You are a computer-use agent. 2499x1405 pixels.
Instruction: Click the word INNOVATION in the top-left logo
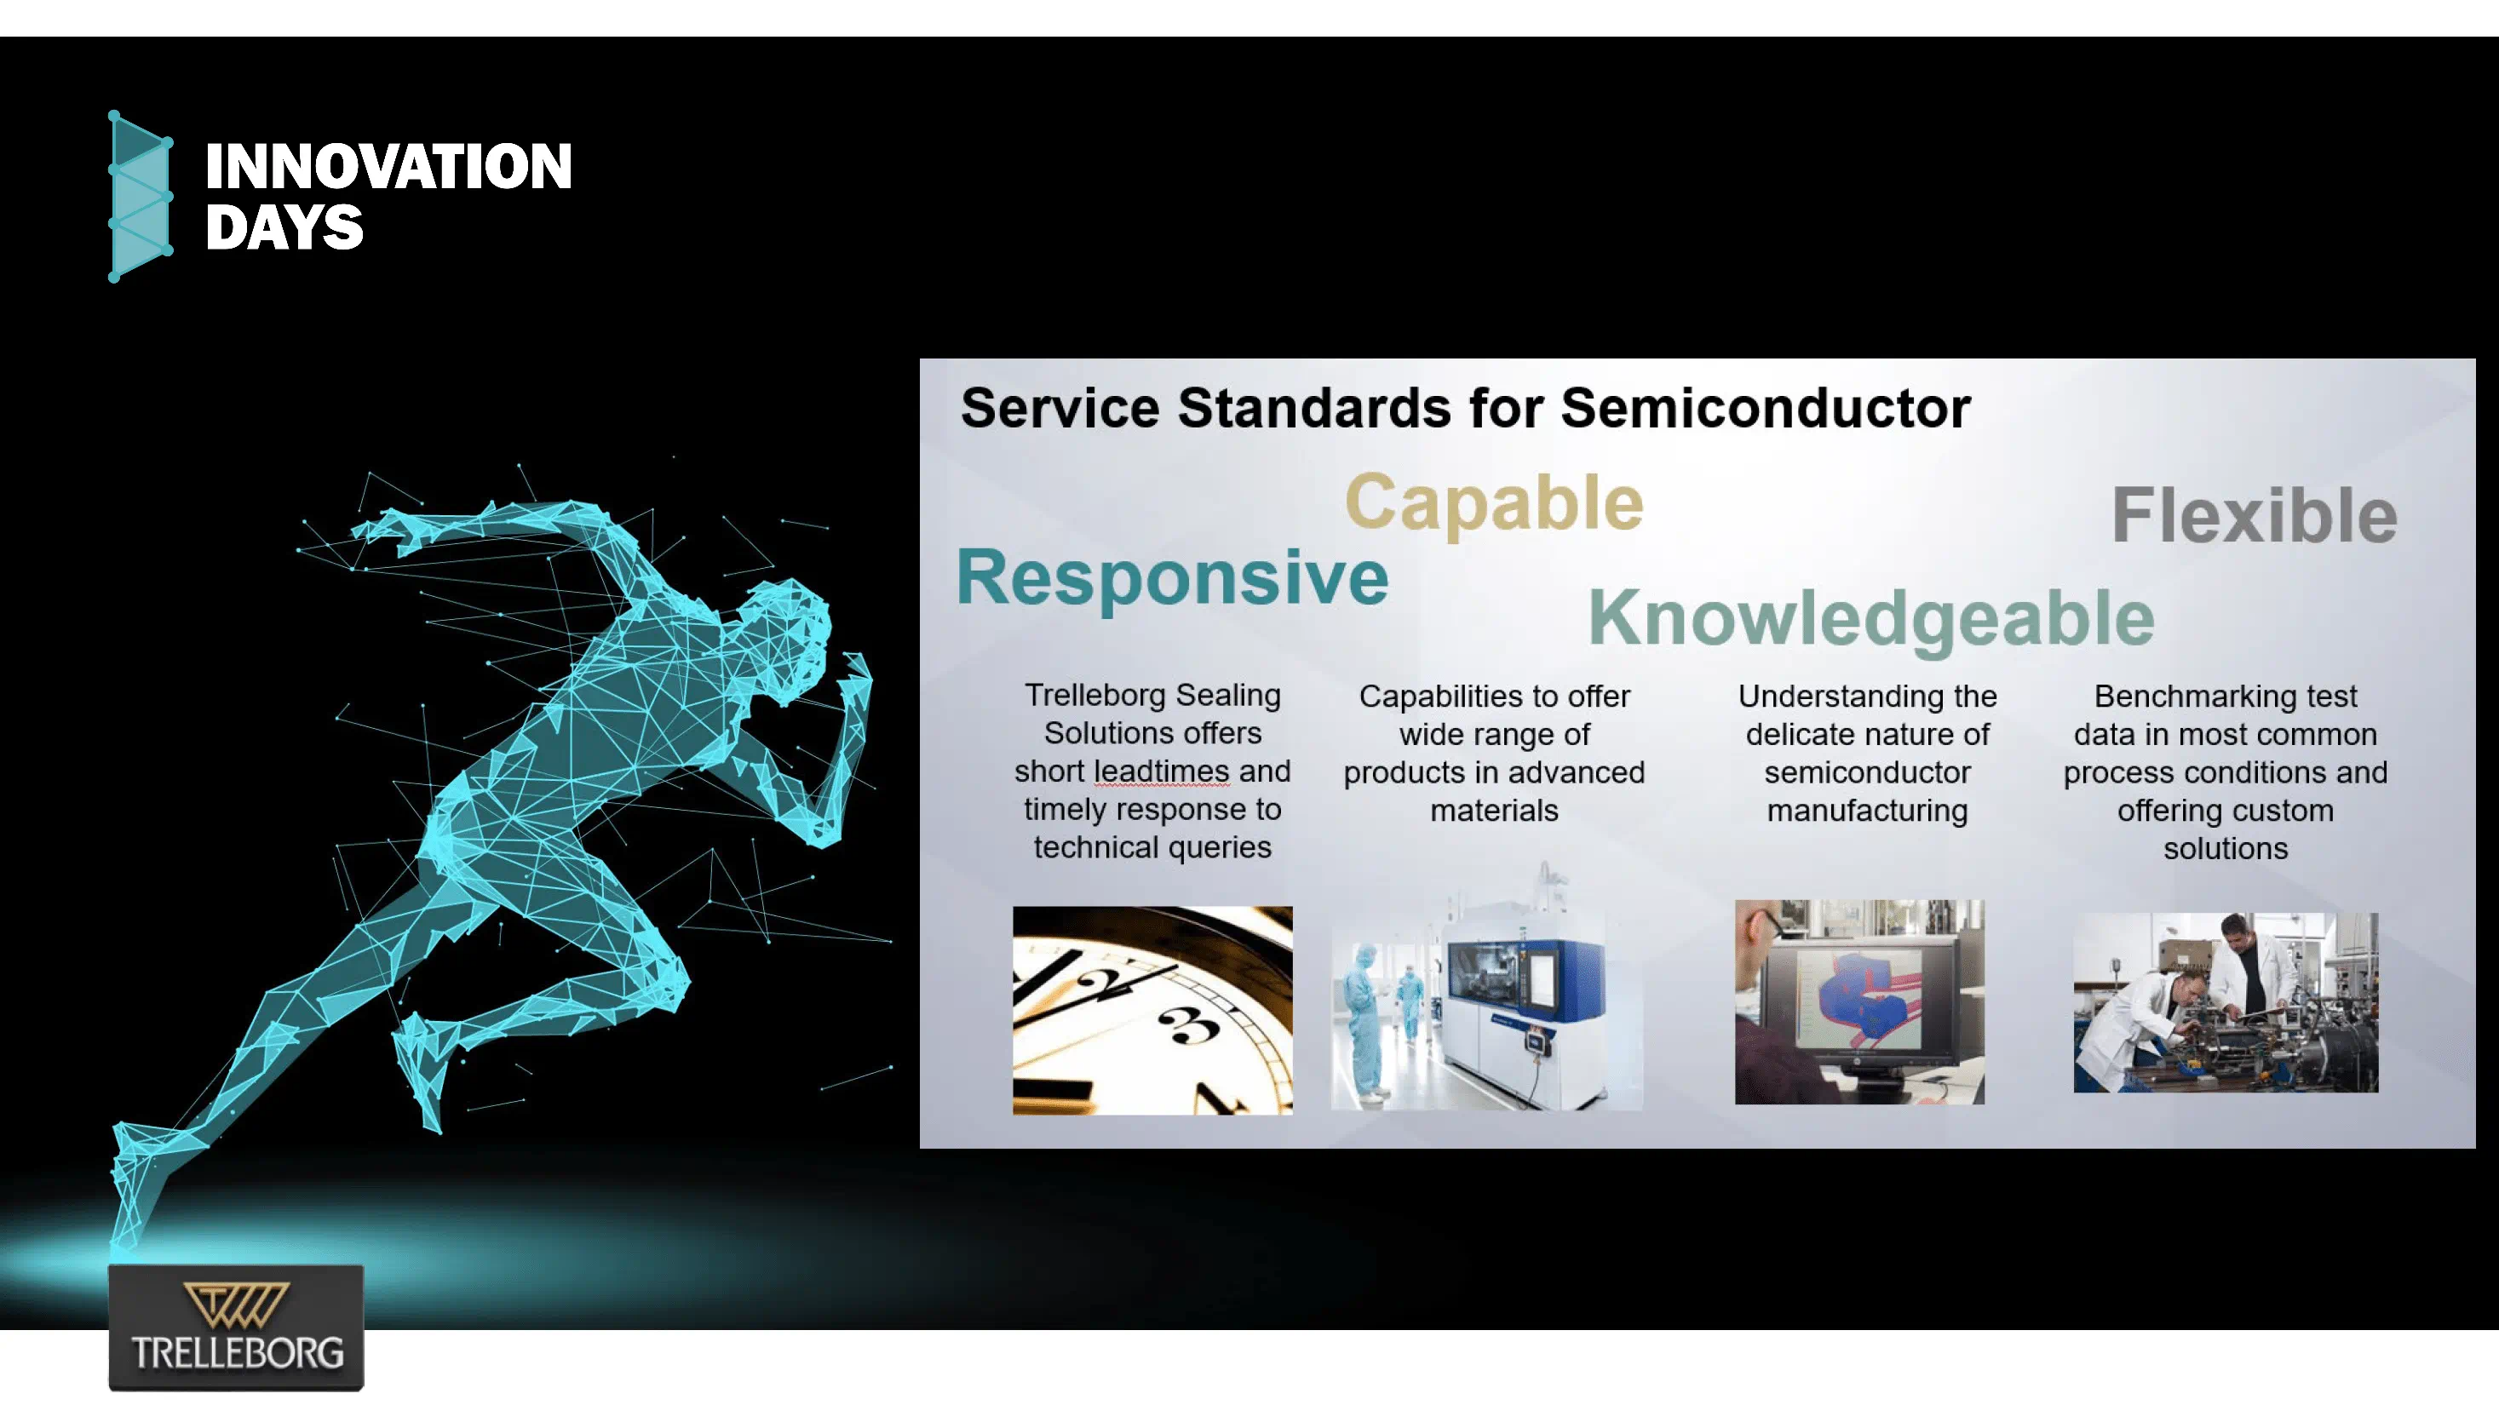pos(388,167)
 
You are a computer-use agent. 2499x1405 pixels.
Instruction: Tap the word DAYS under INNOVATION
pos(284,229)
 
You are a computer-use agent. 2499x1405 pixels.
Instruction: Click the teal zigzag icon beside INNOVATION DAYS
pos(140,196)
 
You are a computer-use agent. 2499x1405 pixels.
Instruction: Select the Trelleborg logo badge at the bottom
pos(236,1328)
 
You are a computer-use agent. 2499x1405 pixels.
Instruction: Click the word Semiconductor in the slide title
pos(1765,407)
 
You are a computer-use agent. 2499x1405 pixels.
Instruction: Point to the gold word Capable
pos(1494,503)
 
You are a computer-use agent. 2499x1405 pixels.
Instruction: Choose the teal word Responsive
pos(1172,578)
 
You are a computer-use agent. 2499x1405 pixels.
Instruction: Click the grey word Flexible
pos(2254,516)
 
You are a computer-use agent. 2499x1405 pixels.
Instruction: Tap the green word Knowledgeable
pos(1870,619)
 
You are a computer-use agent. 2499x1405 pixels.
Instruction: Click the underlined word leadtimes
pos(1160,771)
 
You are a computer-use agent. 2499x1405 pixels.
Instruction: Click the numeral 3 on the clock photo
pos(1187,1025)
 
